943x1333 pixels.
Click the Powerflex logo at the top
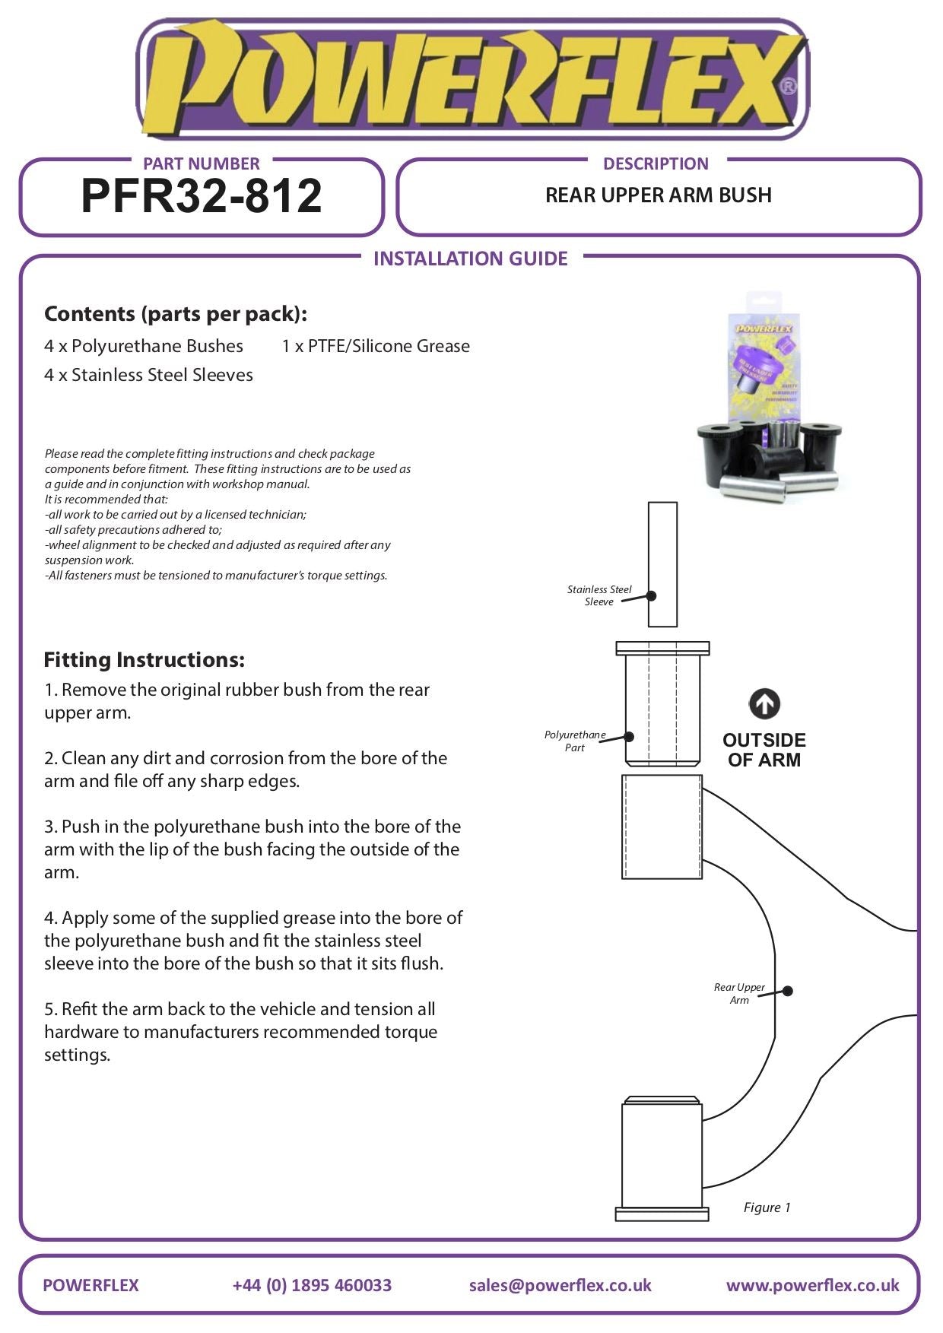click(x=471, y=80)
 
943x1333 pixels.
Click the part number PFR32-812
click(x=202, y=196)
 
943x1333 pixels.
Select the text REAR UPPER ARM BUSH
click(x=658, y=195)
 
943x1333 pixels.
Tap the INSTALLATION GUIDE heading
click(x=471, y=259)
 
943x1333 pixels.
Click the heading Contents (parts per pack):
click(x=176, y=313)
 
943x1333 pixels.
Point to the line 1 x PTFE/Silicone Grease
click(x=376, y=346)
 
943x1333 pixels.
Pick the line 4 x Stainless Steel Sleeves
click(x=148, y=374)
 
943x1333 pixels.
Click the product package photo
click(x=766, y=395)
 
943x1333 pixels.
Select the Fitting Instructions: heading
click(x=144, y=659)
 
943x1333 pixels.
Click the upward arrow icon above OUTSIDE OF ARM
click(x=764, y=703)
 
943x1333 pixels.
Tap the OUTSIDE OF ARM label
click(x=764, y=750)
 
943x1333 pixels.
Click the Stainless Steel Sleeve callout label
click(x=599, y=595)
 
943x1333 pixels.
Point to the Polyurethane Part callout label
click(x=575, y=741)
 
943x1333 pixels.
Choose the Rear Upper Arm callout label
click(x=739, y=993)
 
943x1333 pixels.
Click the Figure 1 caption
click(x=767, y=1208)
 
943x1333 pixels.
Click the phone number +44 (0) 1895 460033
click(x=312, y=1285)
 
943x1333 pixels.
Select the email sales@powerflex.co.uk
click(x=560, y=1285)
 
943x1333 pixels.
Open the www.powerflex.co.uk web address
click(x=812, y=1285)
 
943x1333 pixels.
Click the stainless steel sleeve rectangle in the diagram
click(x=662, y=564)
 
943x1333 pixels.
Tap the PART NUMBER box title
click(x=202, y=163)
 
